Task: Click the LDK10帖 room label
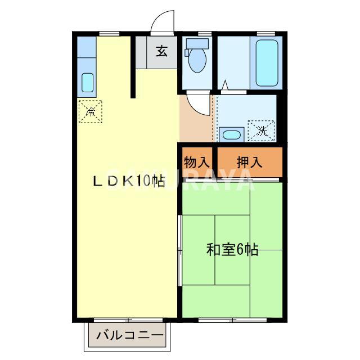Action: click(129, 181)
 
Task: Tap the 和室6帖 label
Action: click(232, 249)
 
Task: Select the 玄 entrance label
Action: click(161, 52)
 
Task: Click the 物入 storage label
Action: click(196, 162)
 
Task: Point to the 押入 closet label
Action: click(249, 162)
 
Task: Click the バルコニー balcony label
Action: click(129, 336)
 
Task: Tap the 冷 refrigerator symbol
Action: click(90, 111)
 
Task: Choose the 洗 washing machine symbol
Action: click(262, 131)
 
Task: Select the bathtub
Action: click(267, 62)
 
